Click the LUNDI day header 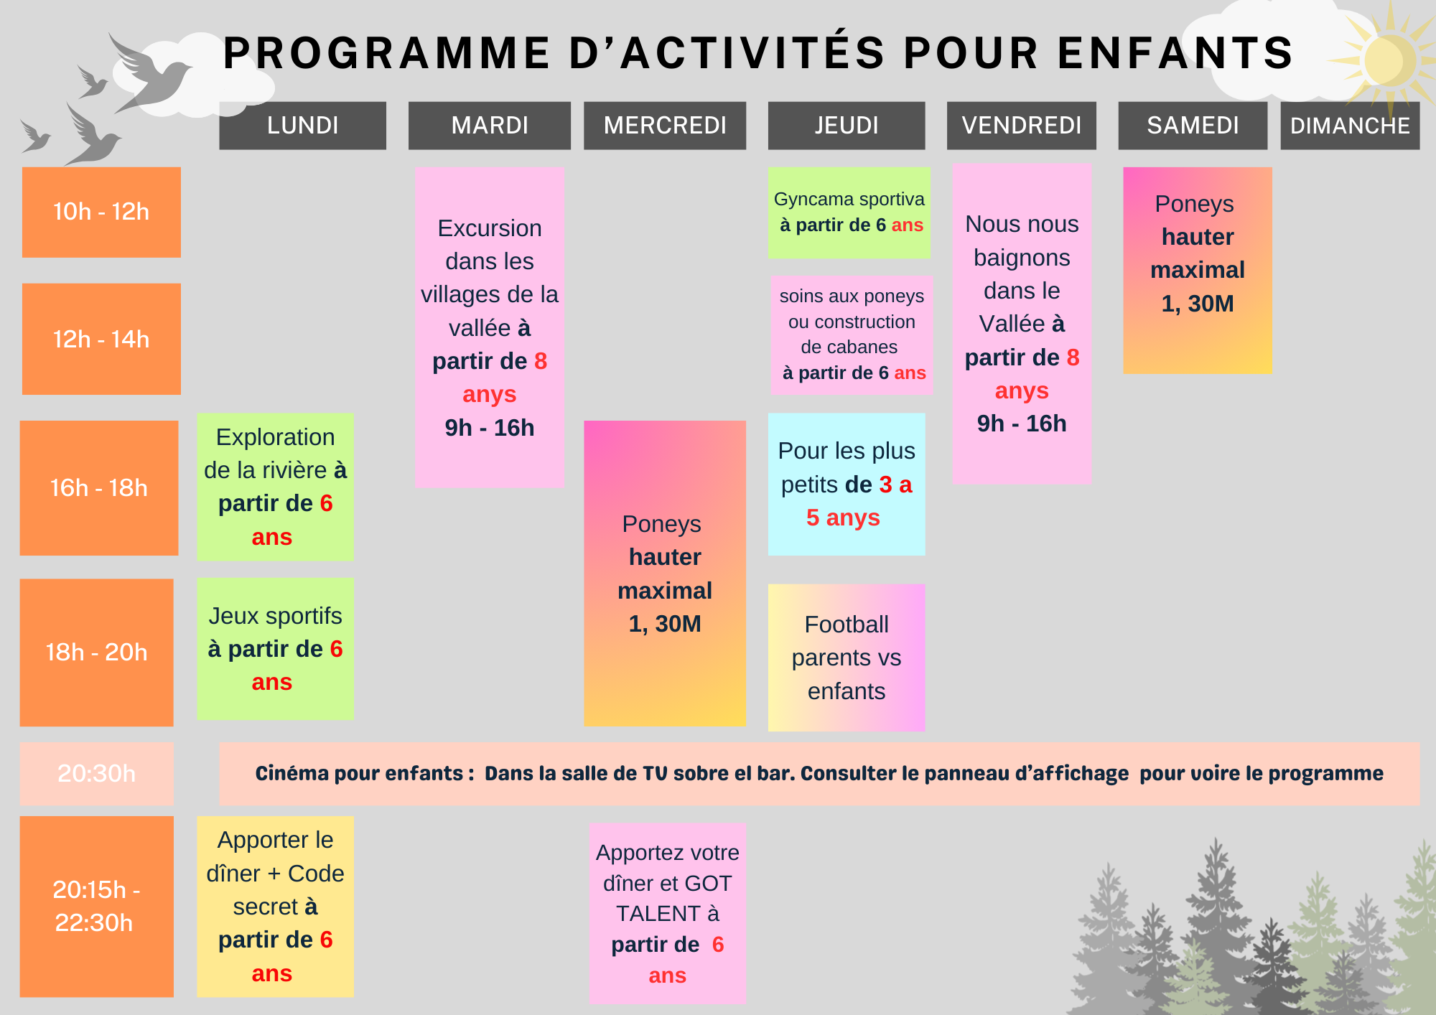click(x=302, y=126)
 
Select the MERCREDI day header click(x=665, y=126)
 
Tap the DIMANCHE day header click(x=1350, y=126)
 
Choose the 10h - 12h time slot click(x=101, y=212)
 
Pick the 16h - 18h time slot click(x=99, y=488)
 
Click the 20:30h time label click(x=97, y=773)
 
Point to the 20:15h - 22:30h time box click(x=97, y=906)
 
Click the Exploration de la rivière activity click(x=275, y=487)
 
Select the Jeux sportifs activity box click(x=275, y=649)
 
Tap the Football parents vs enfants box click(x=847, y=658)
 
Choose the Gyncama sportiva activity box click(x=849, y=212)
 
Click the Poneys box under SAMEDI click(x=1198, y=271)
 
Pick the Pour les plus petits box click(x=847, y=484)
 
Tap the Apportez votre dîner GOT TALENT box click(x=668, y=913)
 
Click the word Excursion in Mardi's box click(x=490, y=228)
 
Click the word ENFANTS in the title click(x=1175, y=53)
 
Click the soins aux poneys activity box click(x=852, y=335)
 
